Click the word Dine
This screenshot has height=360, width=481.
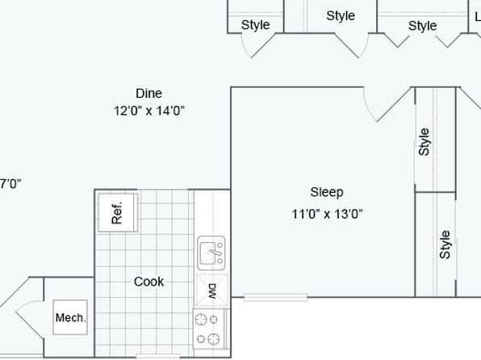pos(148,94)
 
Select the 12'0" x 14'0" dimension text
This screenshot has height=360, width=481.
pos(149,111)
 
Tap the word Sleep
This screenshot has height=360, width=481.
pos(327,193)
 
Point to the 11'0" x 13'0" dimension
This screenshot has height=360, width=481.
pos(327,214)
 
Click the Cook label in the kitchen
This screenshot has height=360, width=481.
pos(148,282)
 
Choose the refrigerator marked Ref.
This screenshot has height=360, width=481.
pos(118,212)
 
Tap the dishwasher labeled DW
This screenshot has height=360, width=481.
pos(212,291)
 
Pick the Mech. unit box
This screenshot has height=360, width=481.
pos(70,317)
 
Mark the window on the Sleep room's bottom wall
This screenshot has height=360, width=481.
pos(275,297)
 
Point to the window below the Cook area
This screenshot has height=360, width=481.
pos(158,357)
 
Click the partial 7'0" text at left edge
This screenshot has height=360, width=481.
pos(10,184)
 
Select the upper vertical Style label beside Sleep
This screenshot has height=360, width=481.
pos(424,142)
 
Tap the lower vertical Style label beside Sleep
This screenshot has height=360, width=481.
pos(445,245)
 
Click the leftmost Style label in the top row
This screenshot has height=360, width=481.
pos(255,25)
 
